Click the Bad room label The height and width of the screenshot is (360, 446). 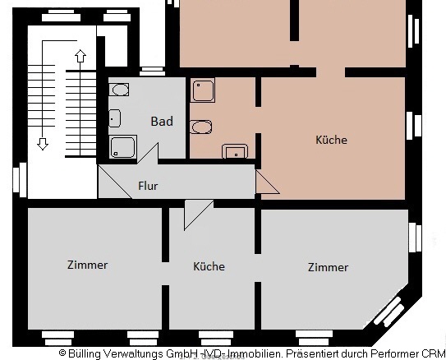(x=162, y=122)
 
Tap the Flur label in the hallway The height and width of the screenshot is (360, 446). (x=148, y=186)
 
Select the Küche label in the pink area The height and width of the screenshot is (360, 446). (x=331, y=140)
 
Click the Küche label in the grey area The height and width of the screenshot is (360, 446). (x=209, y=266)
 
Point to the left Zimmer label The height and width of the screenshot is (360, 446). (x=87, y=265)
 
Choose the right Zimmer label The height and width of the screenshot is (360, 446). (x=328, y=267)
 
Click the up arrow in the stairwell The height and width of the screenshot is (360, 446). (x=80, y=57)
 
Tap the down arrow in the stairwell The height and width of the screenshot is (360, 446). (x=43, y=144)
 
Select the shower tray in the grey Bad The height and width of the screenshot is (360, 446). (x=123, y=147)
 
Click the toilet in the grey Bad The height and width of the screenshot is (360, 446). (x=115, y=118)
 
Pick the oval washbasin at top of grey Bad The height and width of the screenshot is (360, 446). (x=119, y=90)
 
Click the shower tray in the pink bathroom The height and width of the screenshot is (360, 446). (x=203, y=90)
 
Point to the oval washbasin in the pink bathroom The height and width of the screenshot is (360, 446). (x=201, y=127)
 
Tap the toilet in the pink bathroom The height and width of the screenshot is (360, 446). (x=235, y=151)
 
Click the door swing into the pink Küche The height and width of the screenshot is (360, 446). (x=268, y=182)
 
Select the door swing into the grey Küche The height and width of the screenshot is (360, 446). (x=199, y=215)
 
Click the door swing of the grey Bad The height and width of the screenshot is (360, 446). (x=148, y=153)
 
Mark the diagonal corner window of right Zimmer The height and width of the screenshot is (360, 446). (x=389, y=311)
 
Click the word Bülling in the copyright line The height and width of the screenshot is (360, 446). (x=85, y=353)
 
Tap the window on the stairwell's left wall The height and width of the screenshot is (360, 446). (x=20, y=180)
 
